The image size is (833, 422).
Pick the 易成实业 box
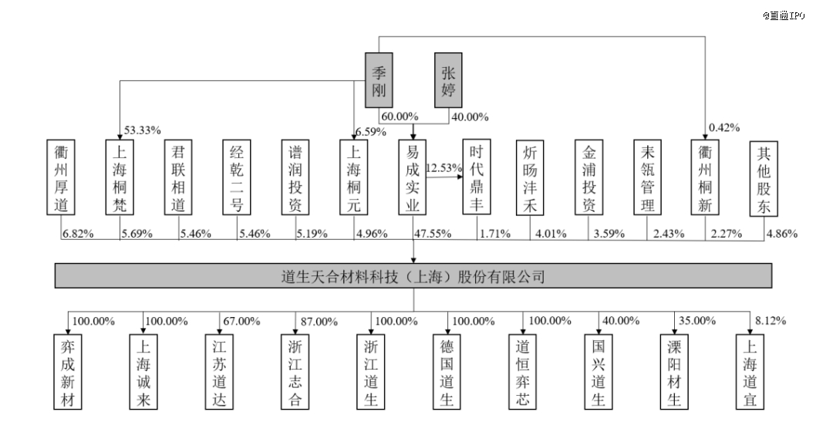point(413,177)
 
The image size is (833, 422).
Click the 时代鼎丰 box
point(473,177)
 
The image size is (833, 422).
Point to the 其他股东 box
point(764,177)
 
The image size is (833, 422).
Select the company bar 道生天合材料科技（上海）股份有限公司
point(413,275)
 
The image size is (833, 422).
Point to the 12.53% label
point(444,167)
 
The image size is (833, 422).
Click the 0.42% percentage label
point(725,127)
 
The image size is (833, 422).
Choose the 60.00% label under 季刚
point(399,116)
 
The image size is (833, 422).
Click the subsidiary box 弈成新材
point(67,370)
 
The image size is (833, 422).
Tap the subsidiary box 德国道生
point(447,370)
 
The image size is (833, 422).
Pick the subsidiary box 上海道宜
point(749,370)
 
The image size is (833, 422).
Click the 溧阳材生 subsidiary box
point(673,370)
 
